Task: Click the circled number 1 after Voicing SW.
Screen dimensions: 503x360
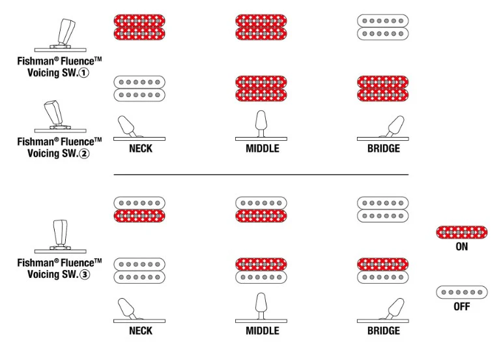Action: coord(84,73)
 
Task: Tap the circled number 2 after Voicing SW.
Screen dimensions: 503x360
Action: coord(84,153)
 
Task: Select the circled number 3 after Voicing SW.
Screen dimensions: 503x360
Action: coord(85,275)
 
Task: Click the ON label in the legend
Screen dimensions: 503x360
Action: coord(461,247)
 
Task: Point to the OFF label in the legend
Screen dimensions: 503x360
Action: coord(461,307)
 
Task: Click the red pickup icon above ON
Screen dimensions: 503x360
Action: coord(461,232)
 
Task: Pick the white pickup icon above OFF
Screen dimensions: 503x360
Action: coord(461,292)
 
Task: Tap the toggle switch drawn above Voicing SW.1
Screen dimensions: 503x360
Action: coord(61,35)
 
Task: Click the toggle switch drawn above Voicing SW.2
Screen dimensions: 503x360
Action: coord(61,116)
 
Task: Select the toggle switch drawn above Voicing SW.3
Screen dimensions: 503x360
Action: coord(61,236)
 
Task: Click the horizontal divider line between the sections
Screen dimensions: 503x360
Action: coord(261,175)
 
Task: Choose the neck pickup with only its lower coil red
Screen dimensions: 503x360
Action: coord(139,209)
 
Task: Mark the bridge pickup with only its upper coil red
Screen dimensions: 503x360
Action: coord(382,271)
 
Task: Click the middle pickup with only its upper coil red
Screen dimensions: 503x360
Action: coord(261,271)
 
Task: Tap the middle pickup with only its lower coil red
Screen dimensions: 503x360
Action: coord(261,209)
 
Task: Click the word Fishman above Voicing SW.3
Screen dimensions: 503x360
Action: coord(36,263)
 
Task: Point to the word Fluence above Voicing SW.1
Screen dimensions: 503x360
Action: coord(78,61)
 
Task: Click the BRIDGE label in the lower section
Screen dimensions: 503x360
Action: coord(384,331)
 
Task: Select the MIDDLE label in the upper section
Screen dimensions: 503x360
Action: coord(263,148)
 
